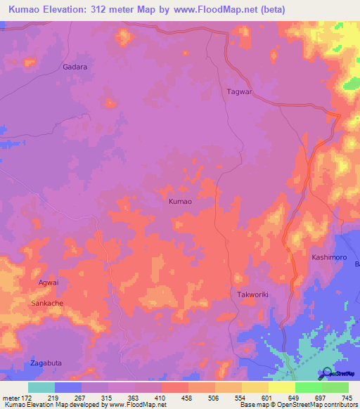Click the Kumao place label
[x=181, y=201]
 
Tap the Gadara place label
[x=74, y=67]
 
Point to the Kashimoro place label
[x=330, y=258]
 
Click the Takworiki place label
[x=254, y=295]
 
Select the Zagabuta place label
[x=46, y=363]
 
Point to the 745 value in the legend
[x=345, y=397]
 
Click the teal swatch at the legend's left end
[x=41, y=387]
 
